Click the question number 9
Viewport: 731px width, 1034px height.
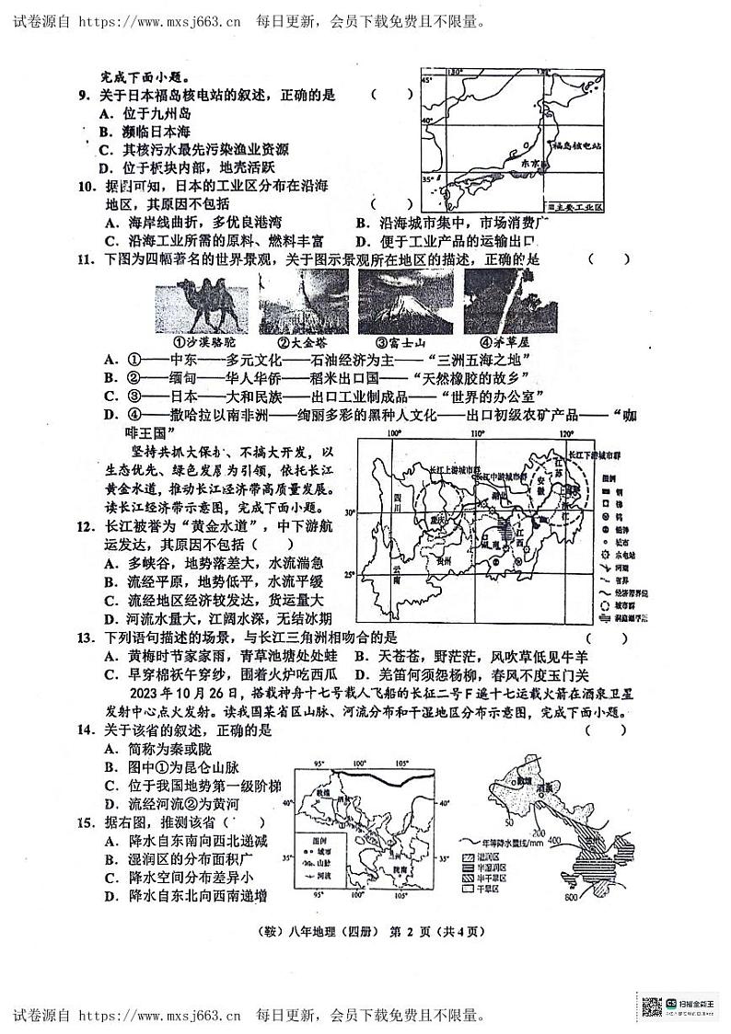84,95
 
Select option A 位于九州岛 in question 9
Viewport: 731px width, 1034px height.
146,113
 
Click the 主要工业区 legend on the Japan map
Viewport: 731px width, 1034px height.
574,208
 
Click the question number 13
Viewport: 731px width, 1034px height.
84,637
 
